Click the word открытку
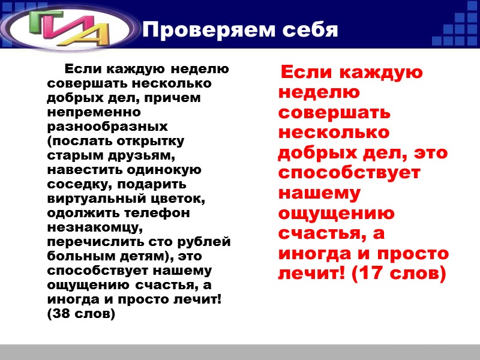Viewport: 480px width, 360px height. pos(151,141)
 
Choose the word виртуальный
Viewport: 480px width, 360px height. pos(96,199)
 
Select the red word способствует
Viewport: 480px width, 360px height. pos(349,173)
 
